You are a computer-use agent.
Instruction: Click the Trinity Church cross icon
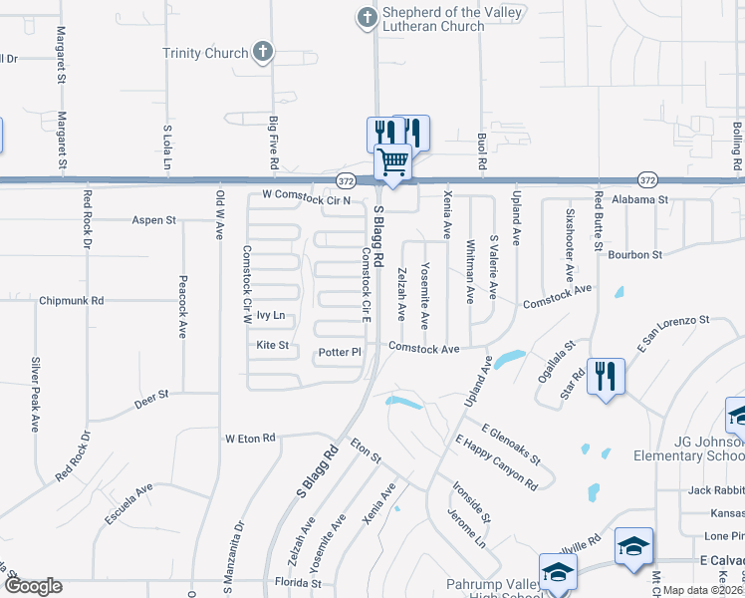(x=263, y=53)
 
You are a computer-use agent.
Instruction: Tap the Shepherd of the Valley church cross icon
(x=368, y=17)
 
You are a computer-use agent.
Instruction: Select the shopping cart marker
(x=393, y=161)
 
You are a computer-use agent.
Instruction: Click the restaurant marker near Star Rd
(x=606, y=376)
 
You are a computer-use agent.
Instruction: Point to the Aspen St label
(x=153, y=219)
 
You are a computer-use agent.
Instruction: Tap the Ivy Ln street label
(x=271, y=315)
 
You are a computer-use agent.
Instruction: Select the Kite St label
(x=272, y=345)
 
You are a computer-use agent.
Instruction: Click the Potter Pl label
(x=339, y=353)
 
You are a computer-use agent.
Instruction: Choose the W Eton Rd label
(x=249, y=438)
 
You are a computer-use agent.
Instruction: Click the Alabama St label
(x=640, y=199)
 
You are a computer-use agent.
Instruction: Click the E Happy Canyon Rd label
(x=496, y=462)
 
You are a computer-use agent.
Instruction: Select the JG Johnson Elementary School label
(x=688, y=448)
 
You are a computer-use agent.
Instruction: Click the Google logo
(x=33, y=585)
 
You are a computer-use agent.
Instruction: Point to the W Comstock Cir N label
(x=307, y=198)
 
